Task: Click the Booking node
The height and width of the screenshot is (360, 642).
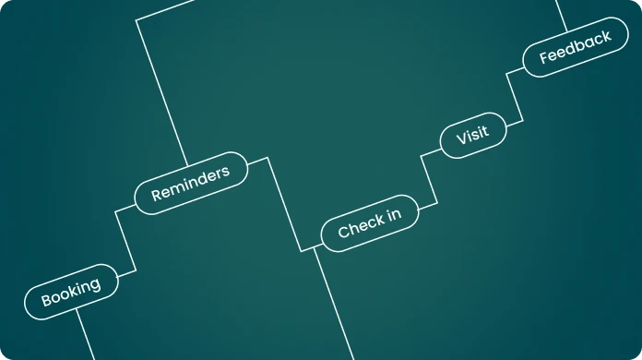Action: (71, 292)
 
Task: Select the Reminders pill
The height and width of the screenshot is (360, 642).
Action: (191, 183)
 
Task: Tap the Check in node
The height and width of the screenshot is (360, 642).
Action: (370, 223)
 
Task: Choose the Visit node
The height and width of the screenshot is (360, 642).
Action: (473, 135)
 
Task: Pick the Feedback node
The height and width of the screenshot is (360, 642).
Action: (576, 47)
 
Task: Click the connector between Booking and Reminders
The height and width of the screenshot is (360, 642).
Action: (125, 241)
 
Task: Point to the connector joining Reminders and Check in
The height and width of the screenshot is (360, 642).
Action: (284, 204)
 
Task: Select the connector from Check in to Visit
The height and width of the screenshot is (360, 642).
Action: (429, 179)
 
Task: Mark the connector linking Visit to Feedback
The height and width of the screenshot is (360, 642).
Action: (515, 97)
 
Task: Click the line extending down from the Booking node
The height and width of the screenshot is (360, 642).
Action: (86, 334)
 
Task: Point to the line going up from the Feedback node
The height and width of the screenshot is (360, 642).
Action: (562, 16)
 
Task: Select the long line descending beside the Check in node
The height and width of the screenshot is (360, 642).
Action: (334, 304)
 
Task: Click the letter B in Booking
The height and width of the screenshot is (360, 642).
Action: (46, 300)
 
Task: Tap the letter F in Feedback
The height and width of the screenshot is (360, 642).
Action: (543, 57)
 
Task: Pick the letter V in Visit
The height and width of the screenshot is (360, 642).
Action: (462, 138)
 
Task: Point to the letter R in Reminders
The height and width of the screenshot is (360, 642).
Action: (157, 195)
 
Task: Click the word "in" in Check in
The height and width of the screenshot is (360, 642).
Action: (394, 215)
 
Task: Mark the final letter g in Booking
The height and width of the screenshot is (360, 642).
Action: (95, 285)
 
